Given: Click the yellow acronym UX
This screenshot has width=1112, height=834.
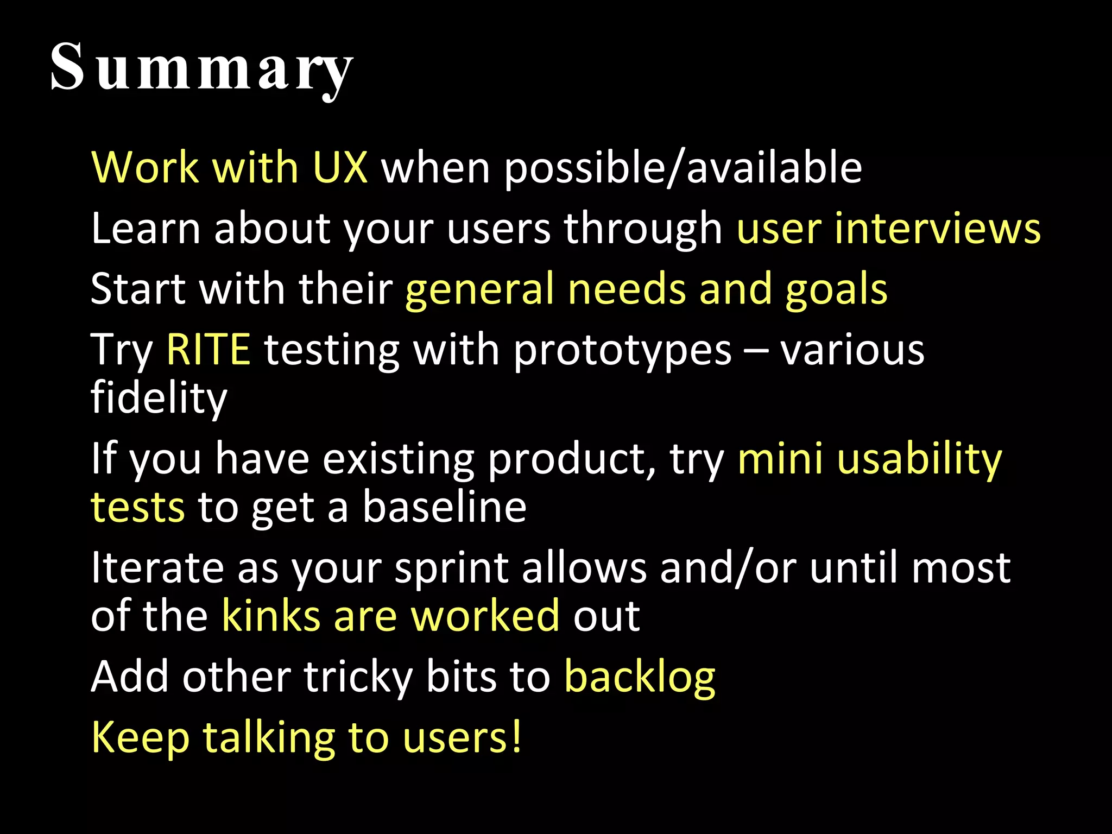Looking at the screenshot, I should [x=341, y=167].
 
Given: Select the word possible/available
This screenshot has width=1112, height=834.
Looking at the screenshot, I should [x=683, y=168].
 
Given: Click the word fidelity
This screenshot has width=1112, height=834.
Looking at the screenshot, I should [x=159, y=397].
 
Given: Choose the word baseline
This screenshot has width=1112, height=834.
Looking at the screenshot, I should [x=444, y=507].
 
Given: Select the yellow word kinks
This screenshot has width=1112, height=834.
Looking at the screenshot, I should [x=271, y=616].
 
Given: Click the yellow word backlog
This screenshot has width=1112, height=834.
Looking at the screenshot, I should [x=640, y=678].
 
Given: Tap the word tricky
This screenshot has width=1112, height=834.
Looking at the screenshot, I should [x=358, y=678].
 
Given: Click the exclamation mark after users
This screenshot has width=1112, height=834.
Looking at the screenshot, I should [x=515, y=736].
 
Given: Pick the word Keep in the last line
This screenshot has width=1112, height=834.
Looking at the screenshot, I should [x=140, y=738].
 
